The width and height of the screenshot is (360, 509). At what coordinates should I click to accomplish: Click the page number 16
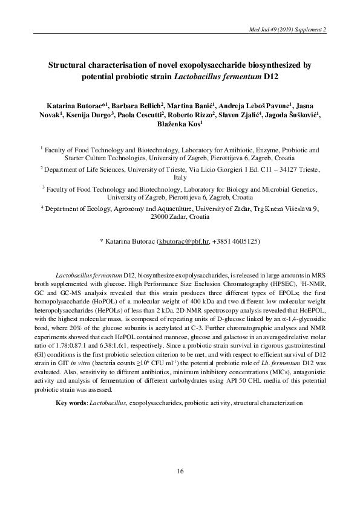(180, 471)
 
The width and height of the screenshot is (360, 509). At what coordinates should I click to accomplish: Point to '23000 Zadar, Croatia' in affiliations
(180, 216)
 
